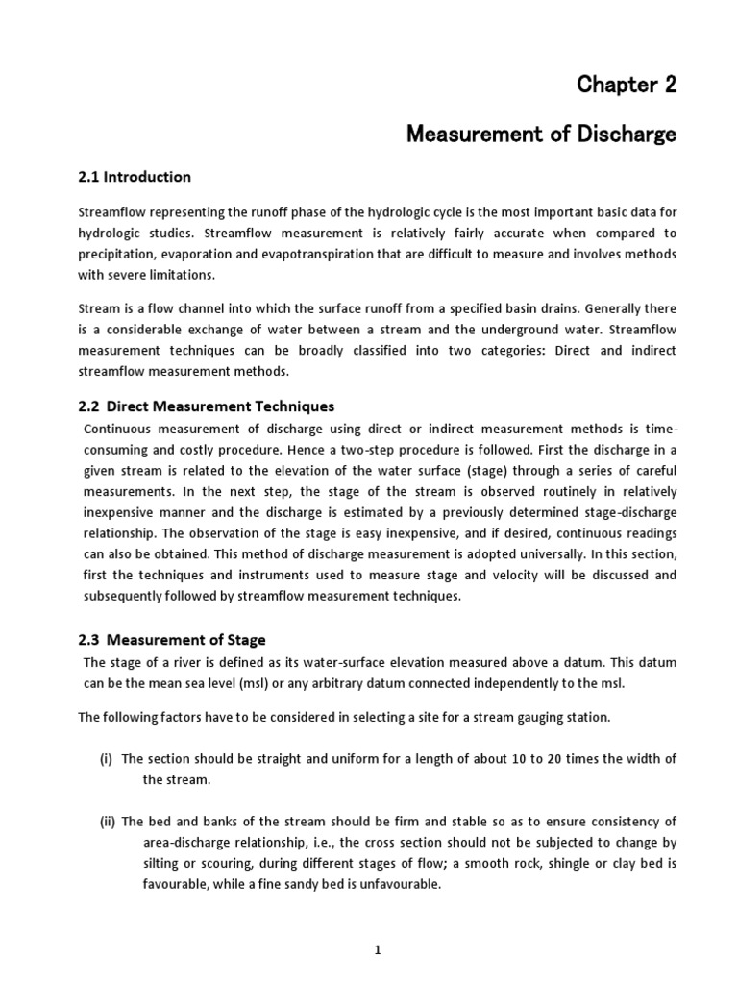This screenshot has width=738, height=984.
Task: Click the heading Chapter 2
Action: point(627,85)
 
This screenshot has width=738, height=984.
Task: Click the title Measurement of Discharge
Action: point(541,135)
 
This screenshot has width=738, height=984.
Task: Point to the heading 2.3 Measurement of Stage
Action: point(171,640)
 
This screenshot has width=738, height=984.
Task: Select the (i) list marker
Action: point(106,759)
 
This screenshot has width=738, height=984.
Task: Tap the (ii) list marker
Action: point(107,822)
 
